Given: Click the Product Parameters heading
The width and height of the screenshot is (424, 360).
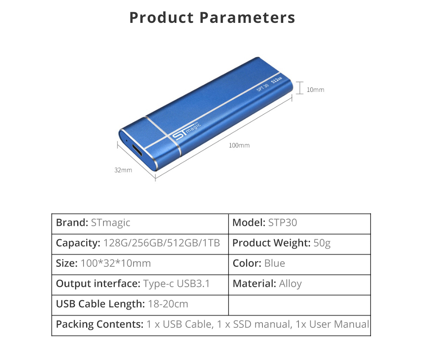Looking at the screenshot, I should [x=212, y=18].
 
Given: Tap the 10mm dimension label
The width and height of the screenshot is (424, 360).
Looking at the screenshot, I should [x=315, y=90].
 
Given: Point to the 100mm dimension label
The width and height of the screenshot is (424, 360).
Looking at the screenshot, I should [x=239, y=145].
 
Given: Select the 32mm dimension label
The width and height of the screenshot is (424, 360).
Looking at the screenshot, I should [x=123, y=170].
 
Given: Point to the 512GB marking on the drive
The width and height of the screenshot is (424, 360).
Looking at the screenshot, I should [x=277, y=81].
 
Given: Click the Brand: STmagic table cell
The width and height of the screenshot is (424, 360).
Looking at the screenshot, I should [x=93, y=223].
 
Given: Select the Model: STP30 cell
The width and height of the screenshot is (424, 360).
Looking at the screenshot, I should [x=265, y=223].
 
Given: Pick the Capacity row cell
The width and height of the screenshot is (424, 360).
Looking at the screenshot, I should [x=138, y=243].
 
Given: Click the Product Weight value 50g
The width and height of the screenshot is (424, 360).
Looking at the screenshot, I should [x=322, y=243].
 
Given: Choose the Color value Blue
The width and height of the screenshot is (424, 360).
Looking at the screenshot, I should [x=274, y=263].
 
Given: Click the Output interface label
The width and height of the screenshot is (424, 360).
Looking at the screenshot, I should [x=98, y=284].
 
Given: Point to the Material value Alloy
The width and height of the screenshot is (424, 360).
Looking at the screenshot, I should [x=290, y=284].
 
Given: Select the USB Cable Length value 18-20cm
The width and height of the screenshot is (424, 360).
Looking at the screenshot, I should [x=168, y=304].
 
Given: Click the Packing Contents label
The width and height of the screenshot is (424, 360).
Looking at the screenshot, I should [x=100, y=324].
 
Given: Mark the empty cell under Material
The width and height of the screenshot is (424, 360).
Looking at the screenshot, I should [x=299, y=304].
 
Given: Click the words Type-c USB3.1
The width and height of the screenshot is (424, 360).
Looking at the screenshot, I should [x=176, y=284].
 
